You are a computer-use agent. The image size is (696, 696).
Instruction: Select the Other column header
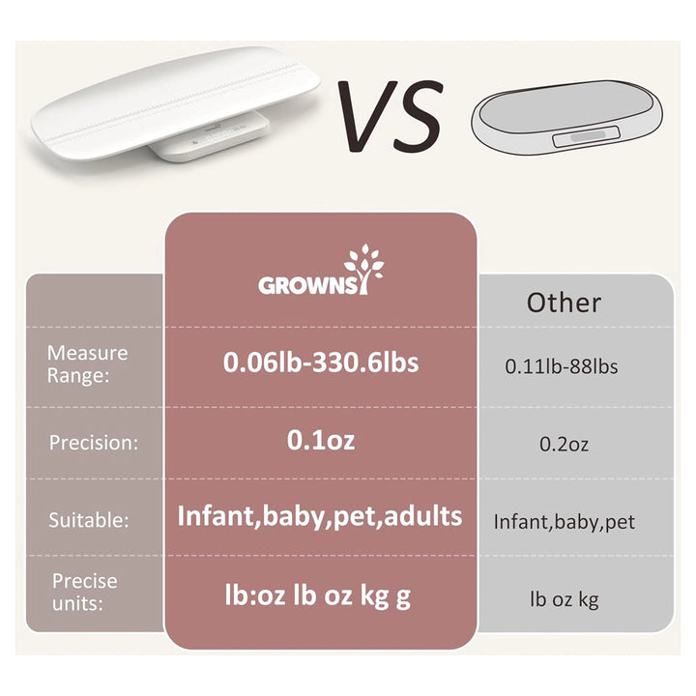[564, 303]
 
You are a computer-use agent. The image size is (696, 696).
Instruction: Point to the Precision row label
[94, 443]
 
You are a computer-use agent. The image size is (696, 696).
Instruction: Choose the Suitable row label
[89, 520]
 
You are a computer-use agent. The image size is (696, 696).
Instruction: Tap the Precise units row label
[85, 590]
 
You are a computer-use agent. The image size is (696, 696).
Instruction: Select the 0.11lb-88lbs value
[562, 366]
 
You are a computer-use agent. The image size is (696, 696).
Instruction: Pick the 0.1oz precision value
[321, 441]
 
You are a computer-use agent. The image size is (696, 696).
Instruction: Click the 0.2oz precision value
[564, 445]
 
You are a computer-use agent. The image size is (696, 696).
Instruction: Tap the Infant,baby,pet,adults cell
[320, 516]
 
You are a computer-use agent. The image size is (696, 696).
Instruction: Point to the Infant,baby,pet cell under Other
[565, 522]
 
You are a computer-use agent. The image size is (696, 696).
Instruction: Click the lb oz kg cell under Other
[565, 599]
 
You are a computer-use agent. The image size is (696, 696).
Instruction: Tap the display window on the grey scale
[584, 138]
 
